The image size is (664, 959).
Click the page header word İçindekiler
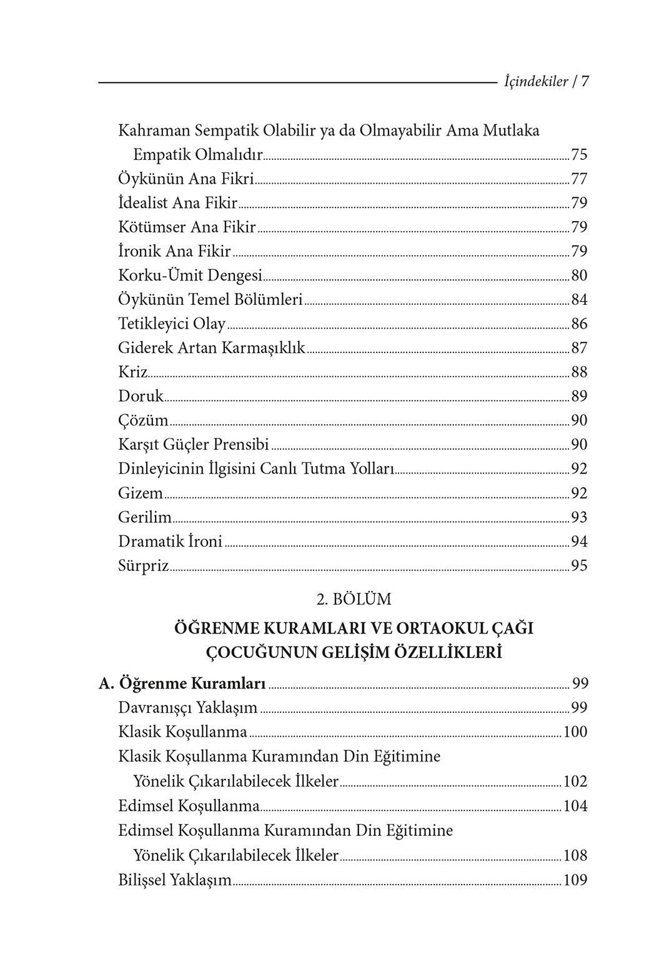coord(535,81)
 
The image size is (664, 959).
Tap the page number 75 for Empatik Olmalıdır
coord(579,155)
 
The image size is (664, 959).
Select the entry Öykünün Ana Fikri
coord(186,179)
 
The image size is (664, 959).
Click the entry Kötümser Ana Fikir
coord(187,227)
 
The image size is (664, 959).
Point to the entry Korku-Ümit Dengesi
coord(190,276)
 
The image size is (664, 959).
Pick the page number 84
coord(579,300)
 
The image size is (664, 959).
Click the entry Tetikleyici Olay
coord(172,324)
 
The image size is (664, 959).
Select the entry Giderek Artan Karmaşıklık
coord(212,348)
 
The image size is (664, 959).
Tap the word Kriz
coord(132,372)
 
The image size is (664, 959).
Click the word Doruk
coord(141,397)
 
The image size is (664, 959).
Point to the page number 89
coord(579,397)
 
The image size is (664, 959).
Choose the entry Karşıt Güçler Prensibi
coord(193,445)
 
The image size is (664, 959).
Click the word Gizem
coord(141,494)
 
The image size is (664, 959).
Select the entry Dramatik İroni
coord(170,542)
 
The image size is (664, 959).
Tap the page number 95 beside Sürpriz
coord(579,566)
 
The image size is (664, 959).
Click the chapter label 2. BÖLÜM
coord(354,599)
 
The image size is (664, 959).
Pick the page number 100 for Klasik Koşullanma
coord(575,732)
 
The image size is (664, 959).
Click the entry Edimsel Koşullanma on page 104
coord(189,806)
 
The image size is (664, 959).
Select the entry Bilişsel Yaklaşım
coord(175,880)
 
